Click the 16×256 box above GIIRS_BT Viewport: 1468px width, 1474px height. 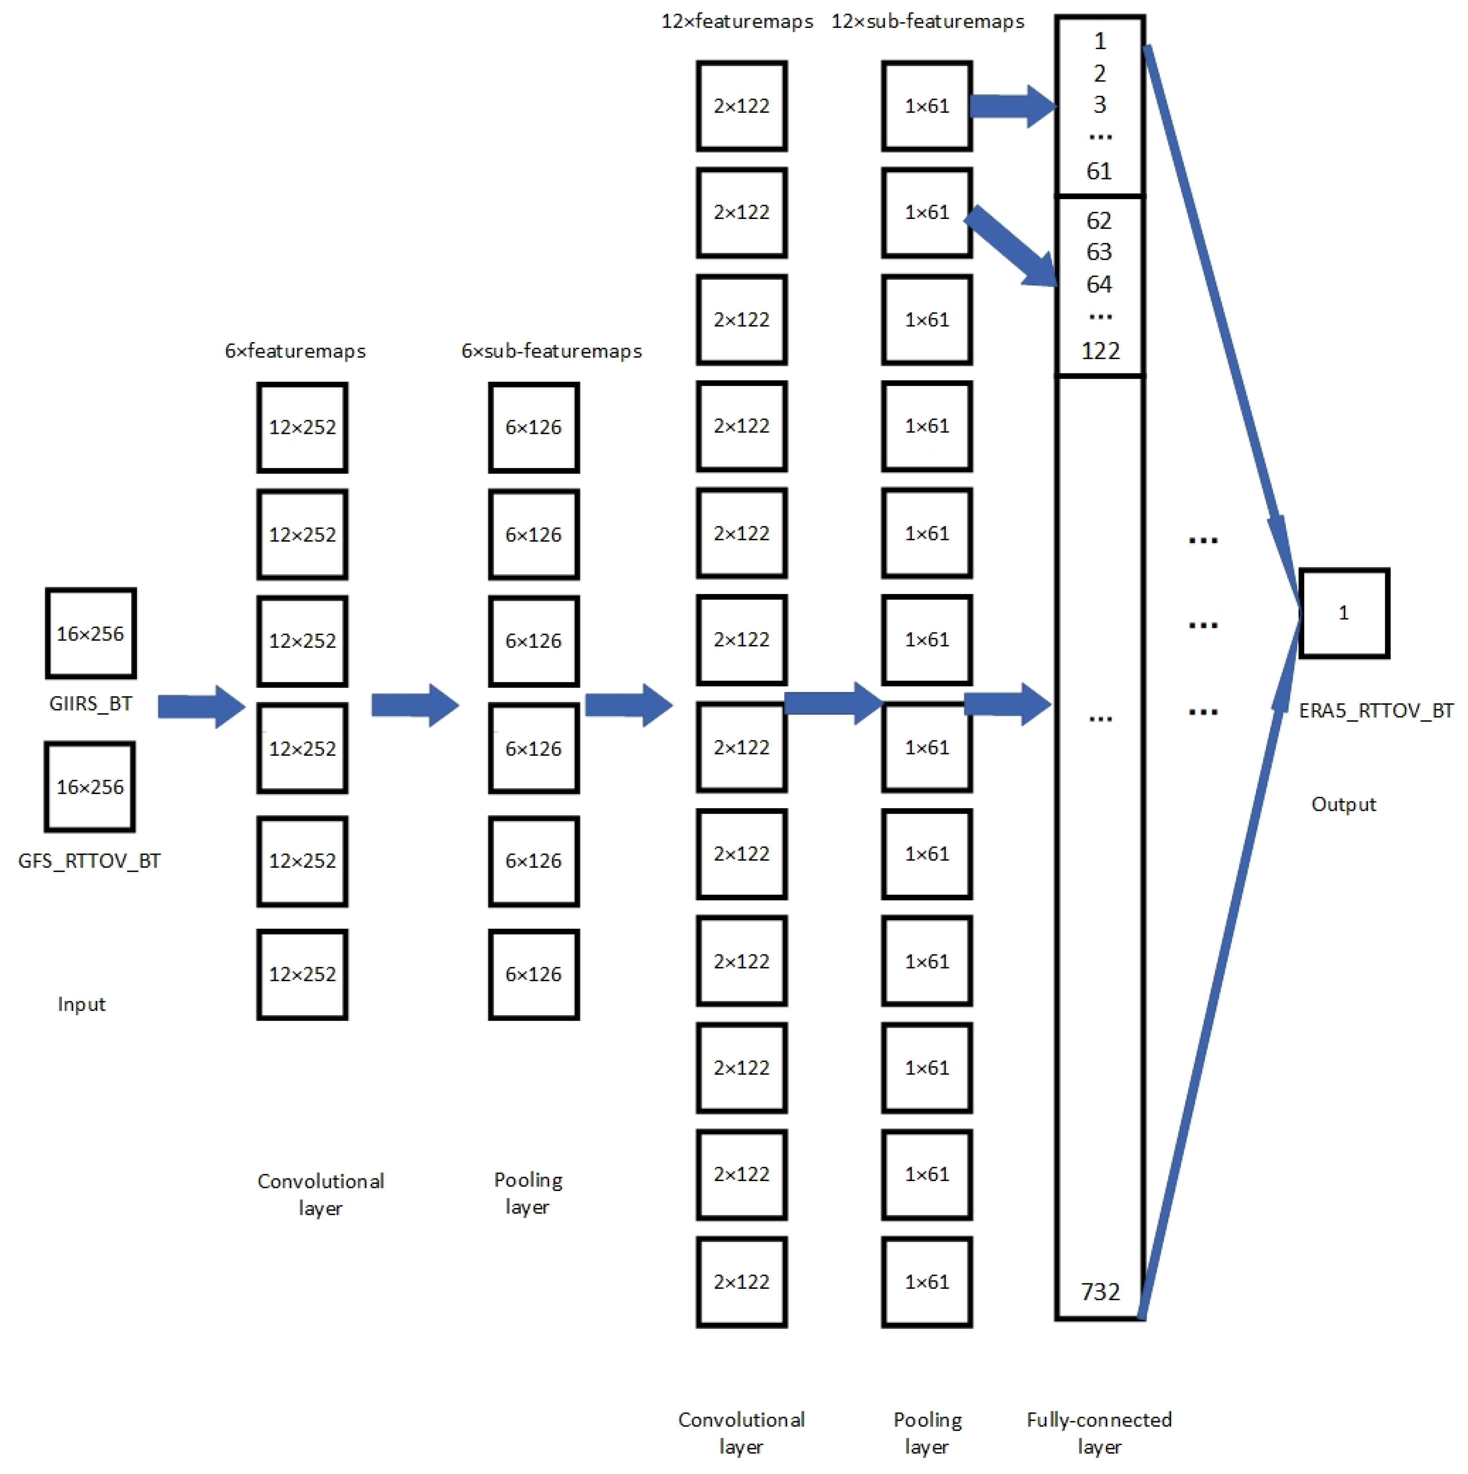(91, 633)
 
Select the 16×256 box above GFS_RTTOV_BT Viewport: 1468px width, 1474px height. (90, 787)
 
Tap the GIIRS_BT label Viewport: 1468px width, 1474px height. (91, 703)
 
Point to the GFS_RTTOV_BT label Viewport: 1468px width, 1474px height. (89, 861)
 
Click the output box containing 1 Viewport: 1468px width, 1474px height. (1344, 613)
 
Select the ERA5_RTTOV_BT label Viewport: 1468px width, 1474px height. (1376, 711)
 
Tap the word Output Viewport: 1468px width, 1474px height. (1344, 804)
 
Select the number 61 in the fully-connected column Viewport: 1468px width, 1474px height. (1099, 171)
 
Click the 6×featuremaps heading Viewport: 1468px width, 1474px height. (295, 351)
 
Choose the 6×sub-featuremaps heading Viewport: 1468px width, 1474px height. (551, 351)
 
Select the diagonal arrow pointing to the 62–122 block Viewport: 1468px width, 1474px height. (1011, 246)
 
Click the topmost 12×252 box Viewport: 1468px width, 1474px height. (302, 427)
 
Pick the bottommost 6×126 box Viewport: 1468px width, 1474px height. (533, 974)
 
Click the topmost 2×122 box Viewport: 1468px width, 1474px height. (741, 106)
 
